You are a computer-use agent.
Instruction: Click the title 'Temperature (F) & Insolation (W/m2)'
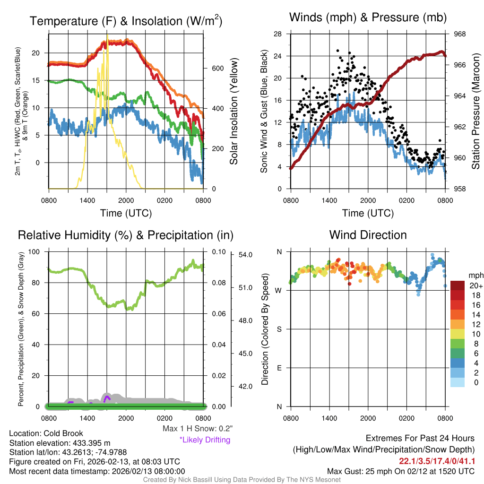[126, 21]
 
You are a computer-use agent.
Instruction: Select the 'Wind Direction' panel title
[368, 235]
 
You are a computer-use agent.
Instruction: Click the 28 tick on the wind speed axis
[278, 34]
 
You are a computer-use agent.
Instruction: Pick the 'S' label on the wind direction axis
[279, 329]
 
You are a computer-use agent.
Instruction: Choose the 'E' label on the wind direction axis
[279, 368]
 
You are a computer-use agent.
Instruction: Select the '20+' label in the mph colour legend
[475, 285]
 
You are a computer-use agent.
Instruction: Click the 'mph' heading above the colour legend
[475, 275]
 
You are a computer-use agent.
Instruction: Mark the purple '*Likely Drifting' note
[205, 440]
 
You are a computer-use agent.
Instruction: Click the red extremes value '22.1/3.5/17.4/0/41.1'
[437, 461]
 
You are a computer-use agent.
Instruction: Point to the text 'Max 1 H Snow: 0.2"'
[198, 429]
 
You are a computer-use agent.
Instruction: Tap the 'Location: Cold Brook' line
[46, 433]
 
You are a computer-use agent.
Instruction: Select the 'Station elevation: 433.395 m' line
[60, 443]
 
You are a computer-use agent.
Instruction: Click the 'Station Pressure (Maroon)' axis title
[476, 111]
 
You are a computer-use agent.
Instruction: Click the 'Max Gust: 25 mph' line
[401, 471]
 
